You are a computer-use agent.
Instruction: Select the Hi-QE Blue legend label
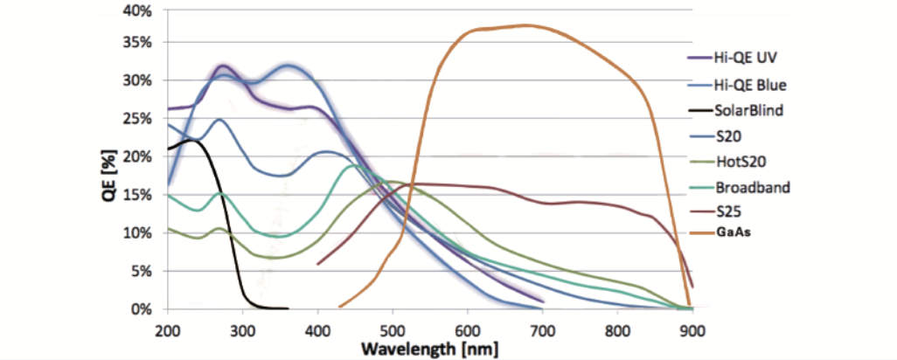pos(749,85)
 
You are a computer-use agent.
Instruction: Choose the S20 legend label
pos(732,136)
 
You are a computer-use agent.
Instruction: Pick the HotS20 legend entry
pos(741,162)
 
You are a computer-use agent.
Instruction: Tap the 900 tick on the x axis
pos(692,330)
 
